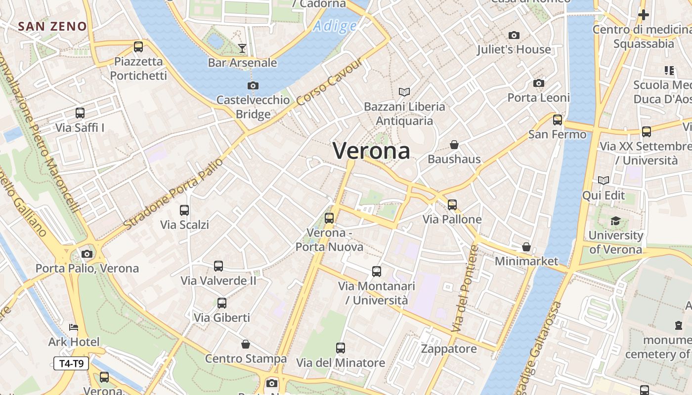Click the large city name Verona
(x=372, y=151)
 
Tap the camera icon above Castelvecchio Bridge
(x=253, y=86)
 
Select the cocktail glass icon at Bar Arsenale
(x=242, y=48)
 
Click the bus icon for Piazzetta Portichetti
(x=138, y=47)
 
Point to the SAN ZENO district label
(x=53, y=27)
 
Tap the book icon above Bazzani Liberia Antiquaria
(x=404, y=92)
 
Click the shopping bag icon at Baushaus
(x=454, y=145)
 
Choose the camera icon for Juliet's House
(x=514, y=35)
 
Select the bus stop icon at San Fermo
(x=558, y=119)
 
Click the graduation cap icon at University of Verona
(x=615, y=221)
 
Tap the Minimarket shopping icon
(x=526, y=247)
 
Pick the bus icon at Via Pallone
(x=452, y=205)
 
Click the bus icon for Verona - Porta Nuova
(x=329, y=218)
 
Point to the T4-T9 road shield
(x=71, y=364)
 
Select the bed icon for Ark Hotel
(x=74, y=327)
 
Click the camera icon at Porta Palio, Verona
(x=87, y=254)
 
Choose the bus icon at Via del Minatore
(x=341, y=348)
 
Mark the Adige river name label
(x=335, y=26)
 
